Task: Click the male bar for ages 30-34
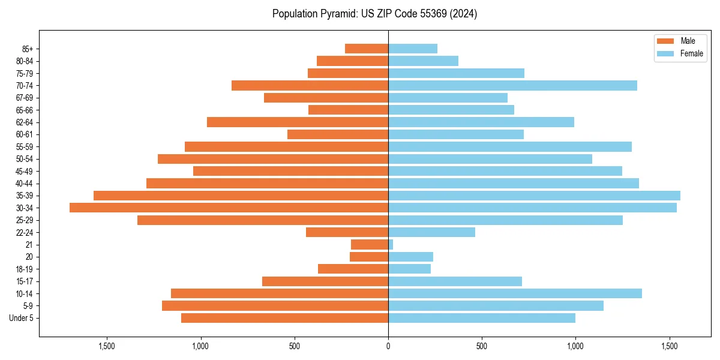[229, 208]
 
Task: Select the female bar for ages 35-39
[534, 196]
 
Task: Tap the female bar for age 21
[391, 245]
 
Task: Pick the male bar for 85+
[367, 49]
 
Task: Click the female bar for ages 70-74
[512, 86]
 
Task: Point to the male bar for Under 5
[284, 318]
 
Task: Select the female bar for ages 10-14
[515, 293]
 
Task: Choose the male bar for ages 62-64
[298, 122]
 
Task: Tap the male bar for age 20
[369, 257]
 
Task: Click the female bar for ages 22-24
[431, 232]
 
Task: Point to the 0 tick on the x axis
[388, 346]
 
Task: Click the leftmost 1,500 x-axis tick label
[106, 346]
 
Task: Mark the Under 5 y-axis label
[21, 318]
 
